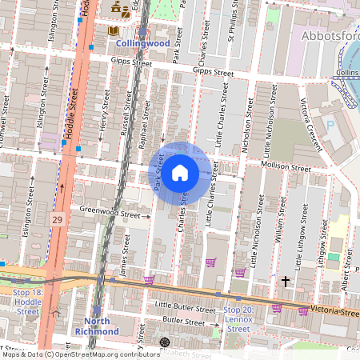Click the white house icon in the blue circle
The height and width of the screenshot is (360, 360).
[x=180, y=171]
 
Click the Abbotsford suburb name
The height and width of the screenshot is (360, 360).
[x=329, y=37]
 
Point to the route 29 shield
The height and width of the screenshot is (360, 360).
[x=57, y=218]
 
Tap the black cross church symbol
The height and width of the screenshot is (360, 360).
[x=286, y=282]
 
